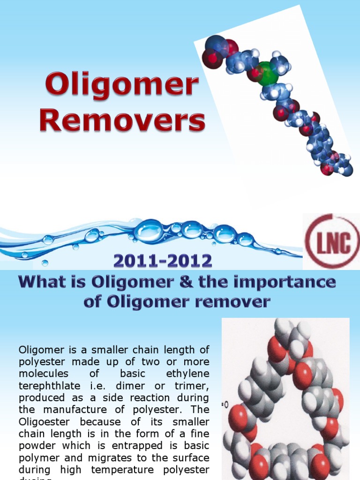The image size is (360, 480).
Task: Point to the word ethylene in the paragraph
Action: [187, 374]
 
